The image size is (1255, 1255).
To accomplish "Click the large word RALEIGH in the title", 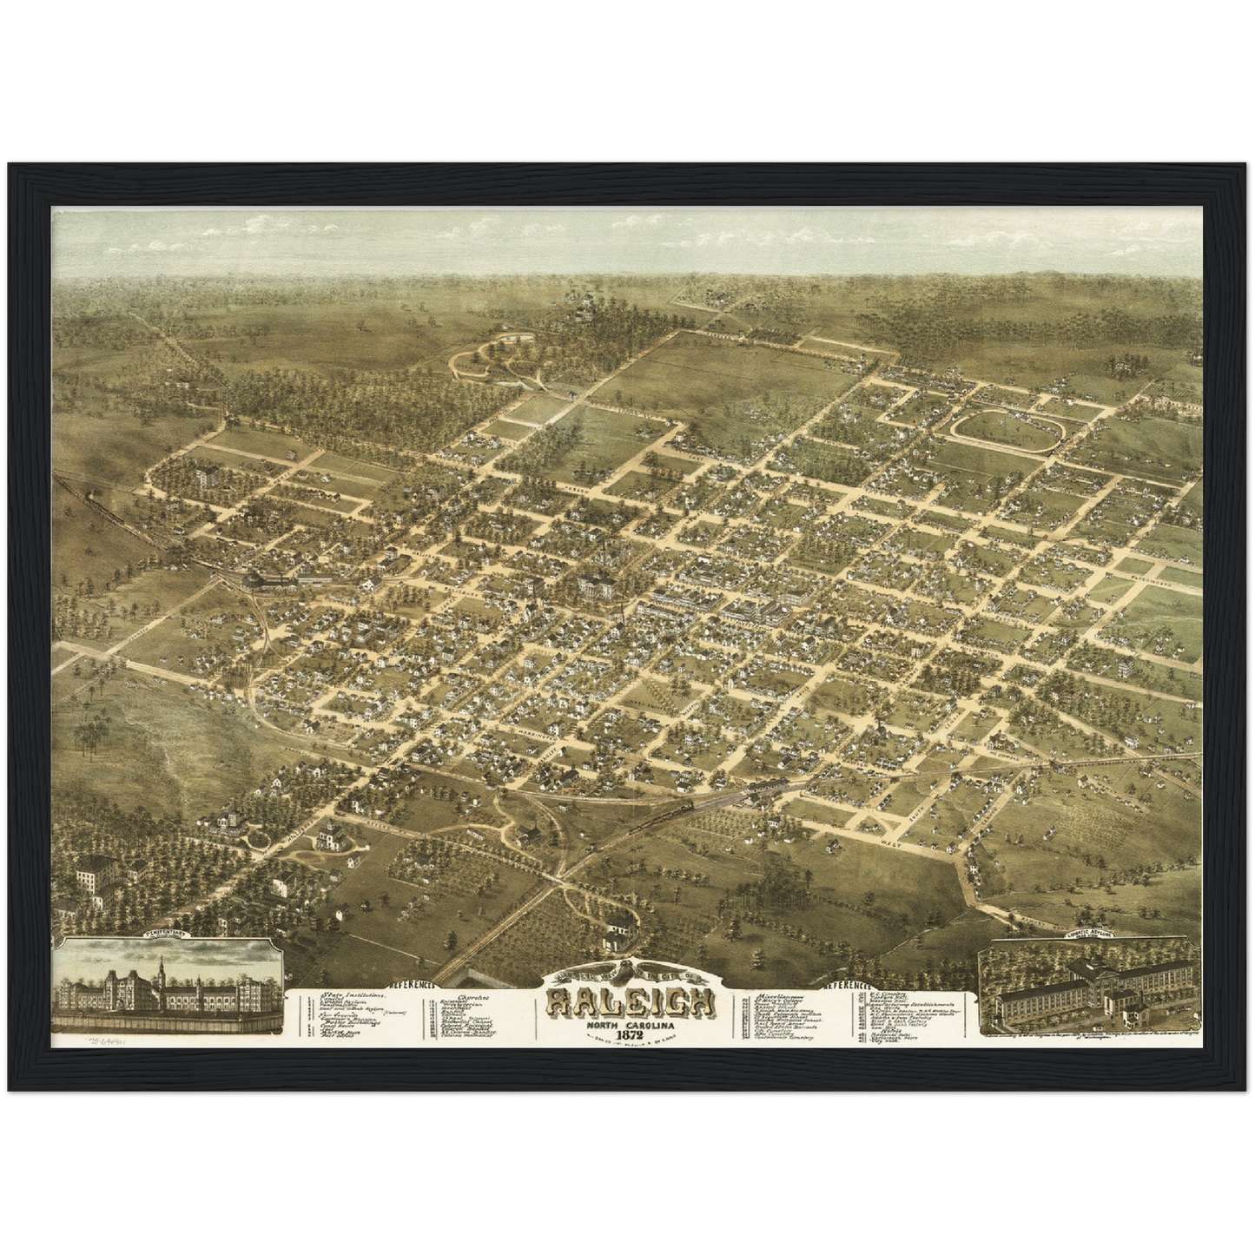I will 631,1005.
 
